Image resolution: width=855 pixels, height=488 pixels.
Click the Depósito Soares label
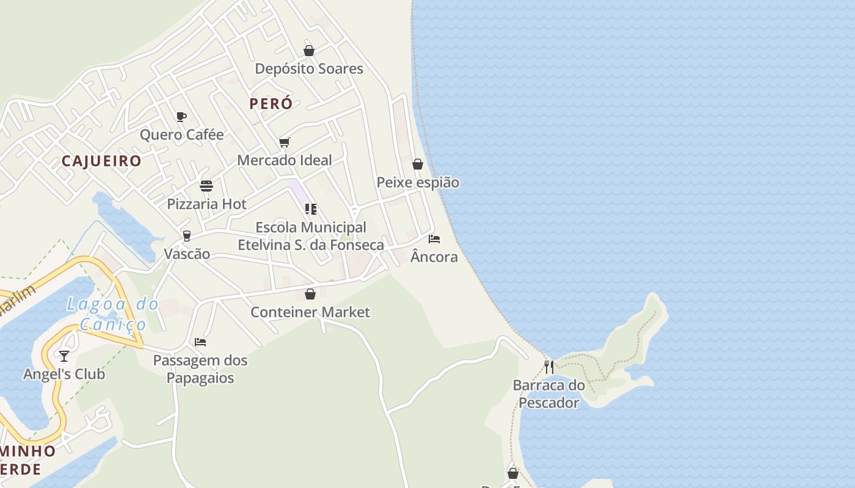[309, 69]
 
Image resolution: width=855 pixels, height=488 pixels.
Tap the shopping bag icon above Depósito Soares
[309, 51]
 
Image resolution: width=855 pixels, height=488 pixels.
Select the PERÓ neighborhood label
[271, 104]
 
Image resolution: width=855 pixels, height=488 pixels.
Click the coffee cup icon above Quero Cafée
[181, 117]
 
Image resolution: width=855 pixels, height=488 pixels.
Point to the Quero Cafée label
[182, 135]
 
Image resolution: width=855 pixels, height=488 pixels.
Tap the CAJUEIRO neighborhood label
[101, 161]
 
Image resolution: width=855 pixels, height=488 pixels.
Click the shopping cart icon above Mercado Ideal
[284, 143]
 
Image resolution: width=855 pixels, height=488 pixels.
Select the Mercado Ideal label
[285, 160]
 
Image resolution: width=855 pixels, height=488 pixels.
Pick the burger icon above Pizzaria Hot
[206, 186]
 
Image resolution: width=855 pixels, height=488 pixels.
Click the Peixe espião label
[418, 182]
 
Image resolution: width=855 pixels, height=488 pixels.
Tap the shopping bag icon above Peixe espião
[418, 164]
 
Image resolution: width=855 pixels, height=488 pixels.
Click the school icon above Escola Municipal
[310, 209]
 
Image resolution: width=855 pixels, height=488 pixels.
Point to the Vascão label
[187, 254]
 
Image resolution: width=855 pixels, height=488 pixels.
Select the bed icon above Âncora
[434, 239]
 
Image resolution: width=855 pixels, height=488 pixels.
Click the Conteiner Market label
[310, 312]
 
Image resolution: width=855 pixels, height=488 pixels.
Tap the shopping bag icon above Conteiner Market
[310, 294]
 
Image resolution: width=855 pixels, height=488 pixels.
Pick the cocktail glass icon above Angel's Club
[64, 356]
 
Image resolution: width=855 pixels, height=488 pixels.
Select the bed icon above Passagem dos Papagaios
[200, 342]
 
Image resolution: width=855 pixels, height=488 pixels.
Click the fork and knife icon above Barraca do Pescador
[549, 367]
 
